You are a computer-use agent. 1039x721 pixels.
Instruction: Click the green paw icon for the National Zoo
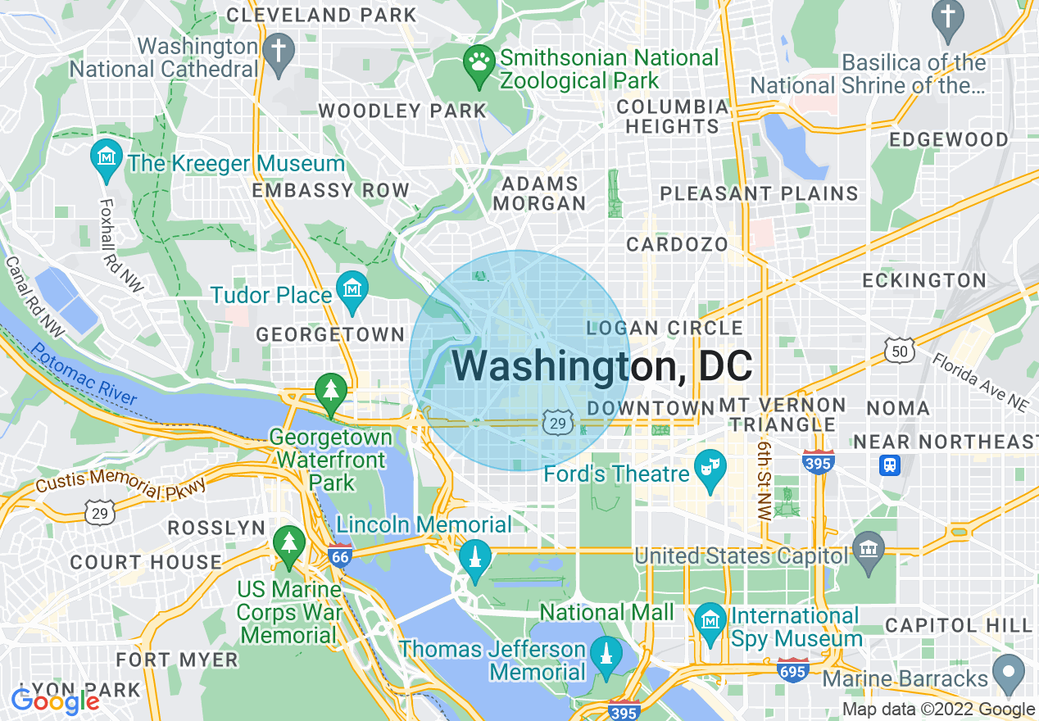click(x=477, y=61)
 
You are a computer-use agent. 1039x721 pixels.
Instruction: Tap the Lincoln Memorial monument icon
click(x=474, y=558)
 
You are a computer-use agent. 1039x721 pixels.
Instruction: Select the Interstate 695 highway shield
click(x=793, y=669)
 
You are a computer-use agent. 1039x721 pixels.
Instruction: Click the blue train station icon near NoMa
click(x=889, y=465)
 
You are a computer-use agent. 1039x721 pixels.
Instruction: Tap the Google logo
click(x=54, y=701)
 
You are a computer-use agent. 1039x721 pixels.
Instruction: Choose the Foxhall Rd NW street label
click(x=120, y=244)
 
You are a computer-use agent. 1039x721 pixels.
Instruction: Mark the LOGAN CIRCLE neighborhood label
click(x=665, y=329)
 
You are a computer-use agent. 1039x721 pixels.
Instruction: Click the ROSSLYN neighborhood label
click(x=216, y=528)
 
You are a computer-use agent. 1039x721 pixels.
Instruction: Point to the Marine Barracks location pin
click(x=1009, y=673)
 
